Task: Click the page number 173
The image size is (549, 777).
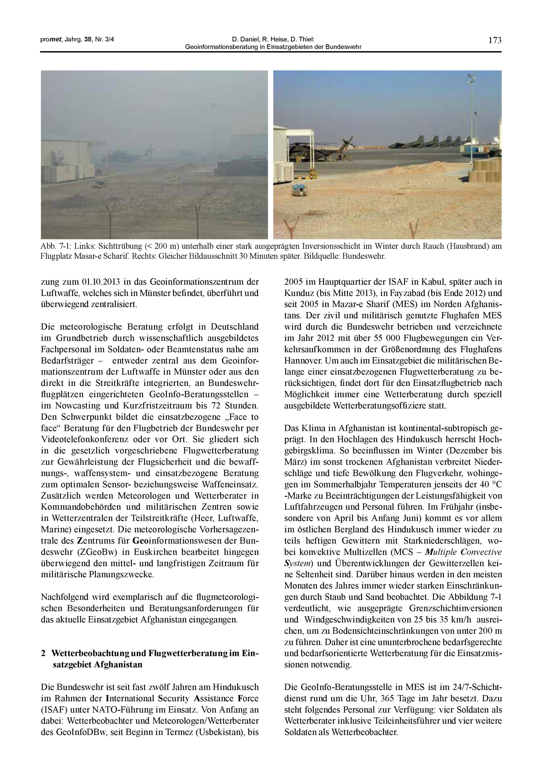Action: [495, 40]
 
